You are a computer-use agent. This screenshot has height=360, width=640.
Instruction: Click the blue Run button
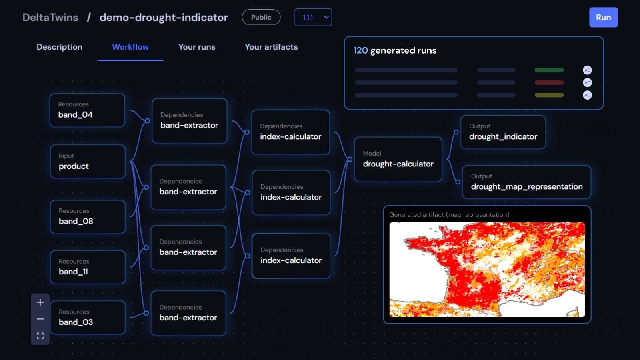point(603,18)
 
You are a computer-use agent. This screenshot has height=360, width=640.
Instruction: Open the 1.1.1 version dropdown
point(313,17)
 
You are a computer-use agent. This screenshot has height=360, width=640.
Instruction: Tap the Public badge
point(261,17)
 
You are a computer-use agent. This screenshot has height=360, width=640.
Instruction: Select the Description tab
point(60,47)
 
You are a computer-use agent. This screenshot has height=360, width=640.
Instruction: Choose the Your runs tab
point(197,47)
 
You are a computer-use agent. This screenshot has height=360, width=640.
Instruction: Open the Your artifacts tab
point(271,47)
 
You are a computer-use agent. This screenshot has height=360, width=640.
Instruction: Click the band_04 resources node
point(87,110)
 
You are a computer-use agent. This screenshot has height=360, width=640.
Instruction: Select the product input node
point(88,162)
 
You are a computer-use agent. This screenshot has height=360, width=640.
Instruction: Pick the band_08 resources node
point(88,216)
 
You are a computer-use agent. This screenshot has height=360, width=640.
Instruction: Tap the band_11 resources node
point(88,267)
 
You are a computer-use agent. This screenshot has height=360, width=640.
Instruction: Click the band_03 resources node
point(88,318)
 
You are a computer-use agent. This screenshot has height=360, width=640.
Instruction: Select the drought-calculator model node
point(398,159)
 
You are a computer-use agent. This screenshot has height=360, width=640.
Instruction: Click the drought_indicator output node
point(503,132)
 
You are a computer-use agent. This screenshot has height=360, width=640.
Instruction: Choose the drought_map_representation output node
point(526,182)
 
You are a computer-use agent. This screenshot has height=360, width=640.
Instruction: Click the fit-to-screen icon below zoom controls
point(40,336)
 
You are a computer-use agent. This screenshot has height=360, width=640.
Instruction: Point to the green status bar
point(549,70)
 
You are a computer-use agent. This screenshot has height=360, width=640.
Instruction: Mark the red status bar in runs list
point(549,82)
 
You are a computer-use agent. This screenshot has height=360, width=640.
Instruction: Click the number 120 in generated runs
point(360,50)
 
